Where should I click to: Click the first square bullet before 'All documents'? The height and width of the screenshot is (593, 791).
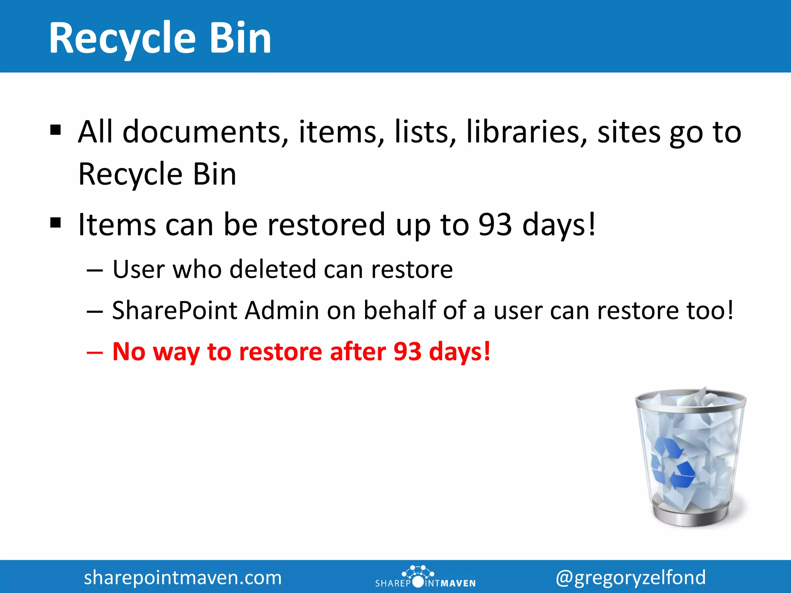coord(56,130)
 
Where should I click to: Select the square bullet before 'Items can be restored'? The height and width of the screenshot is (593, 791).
coord(56,223)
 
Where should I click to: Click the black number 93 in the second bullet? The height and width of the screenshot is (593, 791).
coord(495,224)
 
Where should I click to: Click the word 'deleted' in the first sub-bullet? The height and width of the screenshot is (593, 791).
coord(273,269)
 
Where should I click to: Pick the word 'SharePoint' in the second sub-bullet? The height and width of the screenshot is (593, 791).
coord(175,310)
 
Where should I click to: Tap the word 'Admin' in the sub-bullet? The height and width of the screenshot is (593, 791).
coord(282,310)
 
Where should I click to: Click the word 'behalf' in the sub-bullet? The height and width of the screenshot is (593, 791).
coord(399,310)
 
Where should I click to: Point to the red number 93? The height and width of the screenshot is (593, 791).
coord(407,352)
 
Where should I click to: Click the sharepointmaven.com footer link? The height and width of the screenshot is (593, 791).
coord(183,578)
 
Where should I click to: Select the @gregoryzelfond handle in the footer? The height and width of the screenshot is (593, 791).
coord(630,578)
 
